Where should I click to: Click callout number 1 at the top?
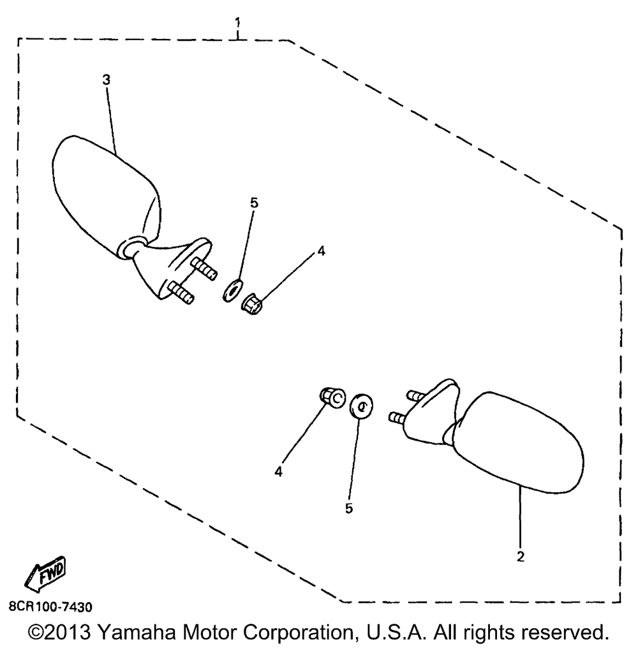click(x=237, y=24)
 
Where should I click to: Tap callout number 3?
click(x=107, y=80)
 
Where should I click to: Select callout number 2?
click(x=521, y=556)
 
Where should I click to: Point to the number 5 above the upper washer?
click(x=254, y=203)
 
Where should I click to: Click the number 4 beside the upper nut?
click(x=321, y=251)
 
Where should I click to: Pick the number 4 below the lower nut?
click(x=278, y=471)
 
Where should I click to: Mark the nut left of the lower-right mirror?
click(x=331, y=397)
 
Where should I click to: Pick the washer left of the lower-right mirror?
click(x=361, y=406)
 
